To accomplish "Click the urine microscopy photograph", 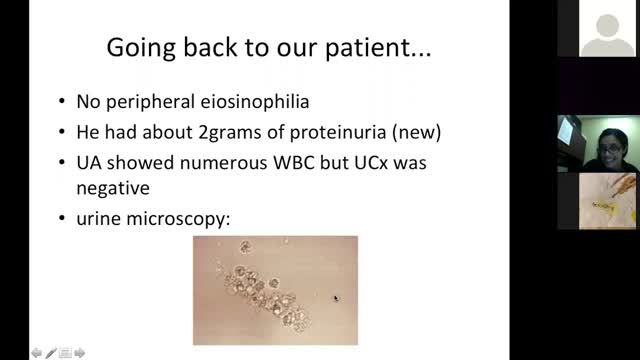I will coord(275,290).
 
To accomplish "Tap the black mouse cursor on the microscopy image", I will coord(336,297).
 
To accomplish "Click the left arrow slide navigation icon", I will coord(36,352).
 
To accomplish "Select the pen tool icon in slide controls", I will coord(51,352).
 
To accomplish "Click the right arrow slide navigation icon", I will coord(80,352).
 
